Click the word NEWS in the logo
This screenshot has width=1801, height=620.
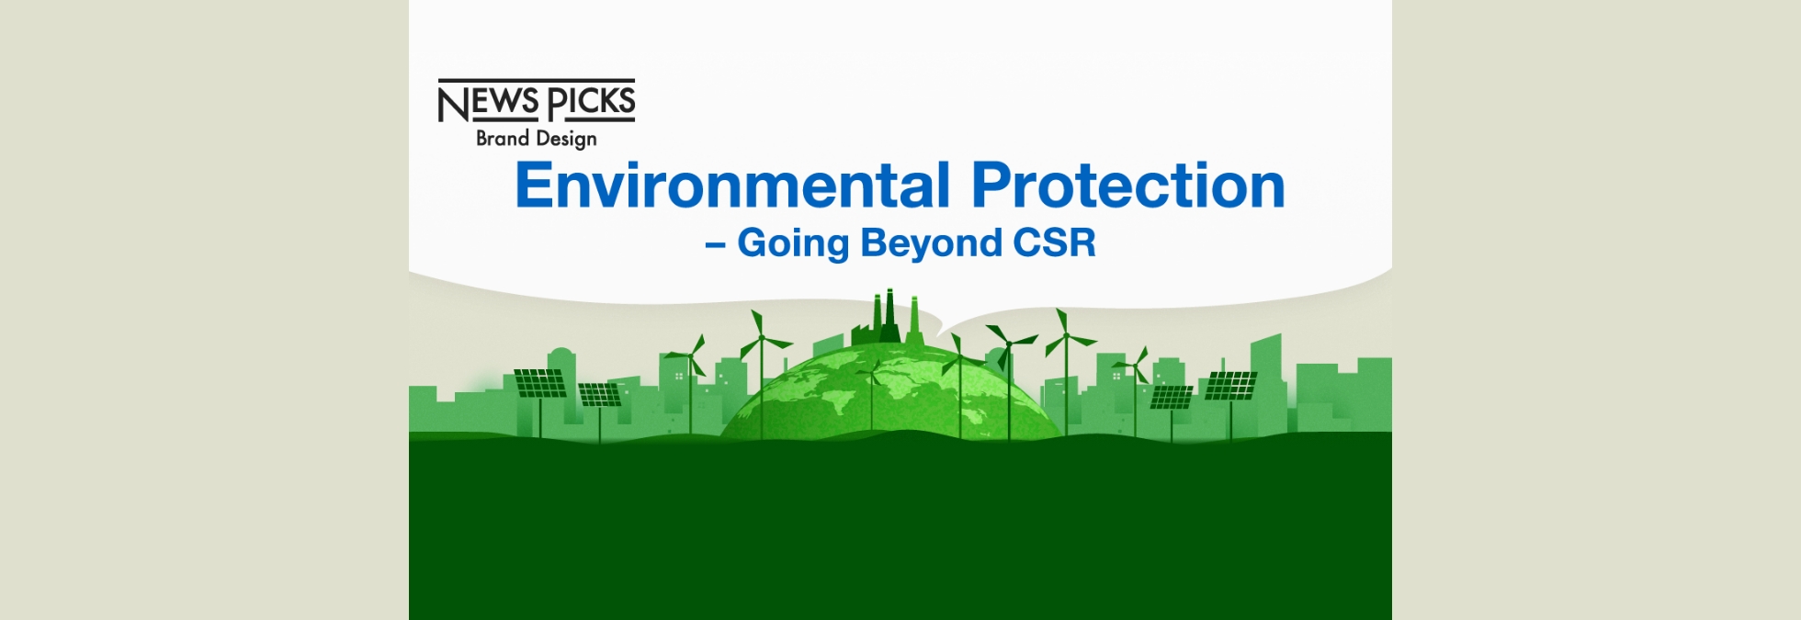[x=488, y=102]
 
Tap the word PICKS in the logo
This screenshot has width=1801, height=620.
[x=592, y=102]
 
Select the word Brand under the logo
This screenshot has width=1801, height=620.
[x=503, y=138]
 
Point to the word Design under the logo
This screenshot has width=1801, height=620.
[x=567, y=139]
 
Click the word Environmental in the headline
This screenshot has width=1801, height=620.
[x=732, y=186]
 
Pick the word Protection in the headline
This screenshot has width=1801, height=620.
[x=1127, y=186]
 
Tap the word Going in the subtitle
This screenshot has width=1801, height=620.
[x=793, y=244]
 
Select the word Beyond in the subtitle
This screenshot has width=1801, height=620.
[x=931, y=244]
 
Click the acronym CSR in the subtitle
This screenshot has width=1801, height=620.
[x=1054, y=242]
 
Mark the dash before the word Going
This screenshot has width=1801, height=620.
[x=715, y=245]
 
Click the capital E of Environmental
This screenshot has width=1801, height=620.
[x=535, y=186]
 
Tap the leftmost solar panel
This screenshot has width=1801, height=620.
[x=539, y=382]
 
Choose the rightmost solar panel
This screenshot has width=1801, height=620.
[x=1230, y=385]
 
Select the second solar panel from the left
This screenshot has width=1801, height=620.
[x=599, y=394]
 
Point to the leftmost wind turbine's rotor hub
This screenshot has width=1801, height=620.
[x=689, y=355]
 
